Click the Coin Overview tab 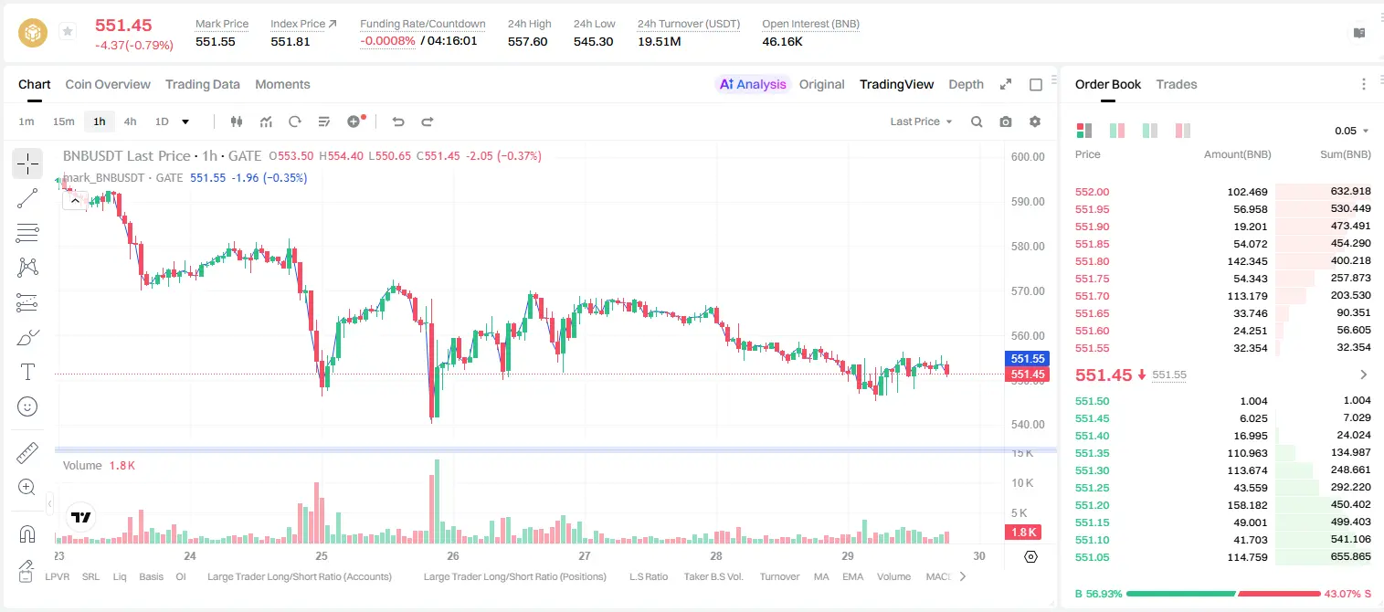point(108,84)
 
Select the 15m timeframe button point(64,121)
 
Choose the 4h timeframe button point(130,121)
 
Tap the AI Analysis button point(753,84)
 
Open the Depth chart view point(966,84)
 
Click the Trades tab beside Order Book point(1177,84)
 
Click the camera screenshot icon point(1006,121)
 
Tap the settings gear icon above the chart point(1035,121)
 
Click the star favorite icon point(68,31)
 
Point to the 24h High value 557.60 point(528,41)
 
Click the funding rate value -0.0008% point(387,41)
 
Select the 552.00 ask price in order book point(1092,192)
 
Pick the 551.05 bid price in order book point(1092,557)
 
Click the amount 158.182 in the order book point(1248,505)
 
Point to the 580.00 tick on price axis point(1028,247)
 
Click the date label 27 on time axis point(585,555)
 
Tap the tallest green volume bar point(437,501)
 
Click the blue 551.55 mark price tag point(1027,358)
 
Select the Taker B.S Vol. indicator point(713,576)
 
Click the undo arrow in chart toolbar point(398,121)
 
